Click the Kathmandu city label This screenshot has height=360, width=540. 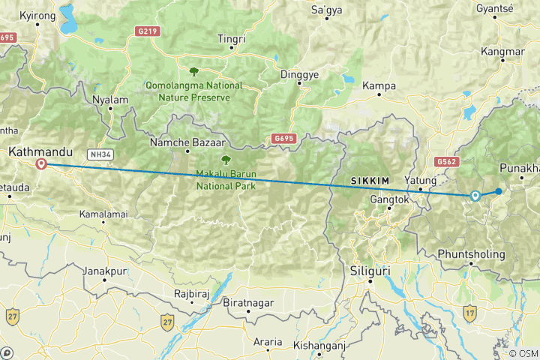(40, 151)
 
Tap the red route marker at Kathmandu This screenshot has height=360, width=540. (42, 164)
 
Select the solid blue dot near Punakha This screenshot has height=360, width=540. (499, 191)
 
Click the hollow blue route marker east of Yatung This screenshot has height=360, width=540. (475, 196)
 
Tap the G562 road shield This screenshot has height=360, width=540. (445, 160)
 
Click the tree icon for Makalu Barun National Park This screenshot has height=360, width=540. (225, 160)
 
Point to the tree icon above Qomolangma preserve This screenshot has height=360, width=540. (194, 72)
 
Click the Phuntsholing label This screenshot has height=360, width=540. (471, 253)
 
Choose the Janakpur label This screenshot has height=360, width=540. (103, 270)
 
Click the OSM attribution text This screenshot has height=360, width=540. (523, 353)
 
